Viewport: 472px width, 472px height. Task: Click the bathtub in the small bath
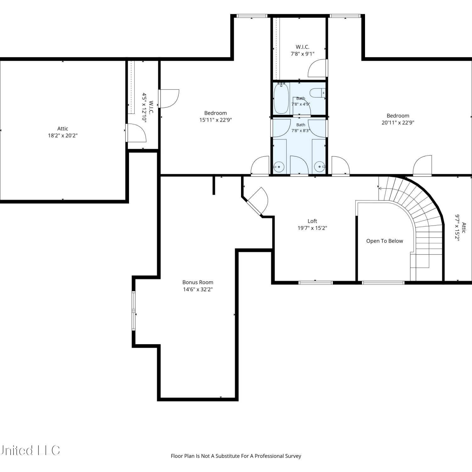281,98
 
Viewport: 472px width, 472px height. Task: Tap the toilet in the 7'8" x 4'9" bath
317,93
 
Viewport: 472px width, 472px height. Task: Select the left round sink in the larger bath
278,166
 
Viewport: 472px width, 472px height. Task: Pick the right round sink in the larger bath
320,166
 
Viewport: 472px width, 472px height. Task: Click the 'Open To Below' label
385,241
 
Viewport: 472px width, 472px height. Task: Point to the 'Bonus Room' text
198,282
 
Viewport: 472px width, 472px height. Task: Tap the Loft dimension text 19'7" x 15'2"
312,228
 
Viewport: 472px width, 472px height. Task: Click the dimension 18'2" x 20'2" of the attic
63,136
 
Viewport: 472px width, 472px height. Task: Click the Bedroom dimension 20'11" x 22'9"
398,123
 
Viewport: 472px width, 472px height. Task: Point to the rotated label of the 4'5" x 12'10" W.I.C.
148,107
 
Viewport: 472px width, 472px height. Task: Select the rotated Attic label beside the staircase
460,228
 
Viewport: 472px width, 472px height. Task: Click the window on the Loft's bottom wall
315,283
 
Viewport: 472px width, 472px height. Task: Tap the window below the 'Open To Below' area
383,283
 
